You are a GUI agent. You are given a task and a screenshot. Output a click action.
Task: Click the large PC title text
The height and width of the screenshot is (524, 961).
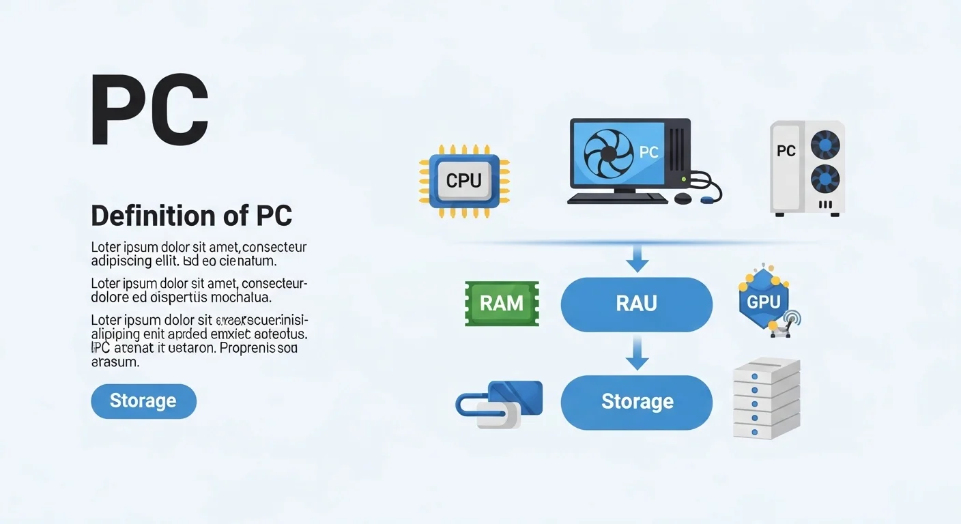(149, 111)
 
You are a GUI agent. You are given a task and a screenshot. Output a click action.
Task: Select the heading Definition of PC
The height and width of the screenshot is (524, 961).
(192, 216)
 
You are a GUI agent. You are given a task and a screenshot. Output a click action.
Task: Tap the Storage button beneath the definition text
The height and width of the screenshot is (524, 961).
(143, 401)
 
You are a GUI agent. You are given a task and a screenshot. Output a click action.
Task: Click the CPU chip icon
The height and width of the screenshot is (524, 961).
(464, 181)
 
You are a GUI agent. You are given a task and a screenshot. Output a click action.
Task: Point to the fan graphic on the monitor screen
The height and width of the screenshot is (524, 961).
(601, 154)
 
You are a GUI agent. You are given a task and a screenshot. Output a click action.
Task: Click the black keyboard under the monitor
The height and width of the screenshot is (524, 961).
(618, 199)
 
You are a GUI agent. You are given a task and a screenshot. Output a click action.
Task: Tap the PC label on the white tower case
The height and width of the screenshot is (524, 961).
(786, 151)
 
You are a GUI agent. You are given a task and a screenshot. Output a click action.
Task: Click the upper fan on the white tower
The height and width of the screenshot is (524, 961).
(824, 145)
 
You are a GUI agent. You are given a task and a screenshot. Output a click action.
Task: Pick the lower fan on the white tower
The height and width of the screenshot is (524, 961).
(824, 179)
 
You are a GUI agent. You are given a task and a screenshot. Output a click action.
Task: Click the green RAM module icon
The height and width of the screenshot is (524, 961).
(502, 304)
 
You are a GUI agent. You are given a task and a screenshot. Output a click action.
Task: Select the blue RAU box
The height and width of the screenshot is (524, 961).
(636, 304)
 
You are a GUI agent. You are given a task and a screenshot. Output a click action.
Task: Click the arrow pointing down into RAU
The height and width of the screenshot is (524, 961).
(637, 259)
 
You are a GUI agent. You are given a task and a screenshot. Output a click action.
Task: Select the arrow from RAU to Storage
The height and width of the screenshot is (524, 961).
(637, 353)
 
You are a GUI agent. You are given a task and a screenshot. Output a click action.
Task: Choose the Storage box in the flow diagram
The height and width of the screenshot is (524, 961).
(636, 402)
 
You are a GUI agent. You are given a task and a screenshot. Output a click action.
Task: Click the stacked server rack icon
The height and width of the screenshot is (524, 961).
(766, 399)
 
